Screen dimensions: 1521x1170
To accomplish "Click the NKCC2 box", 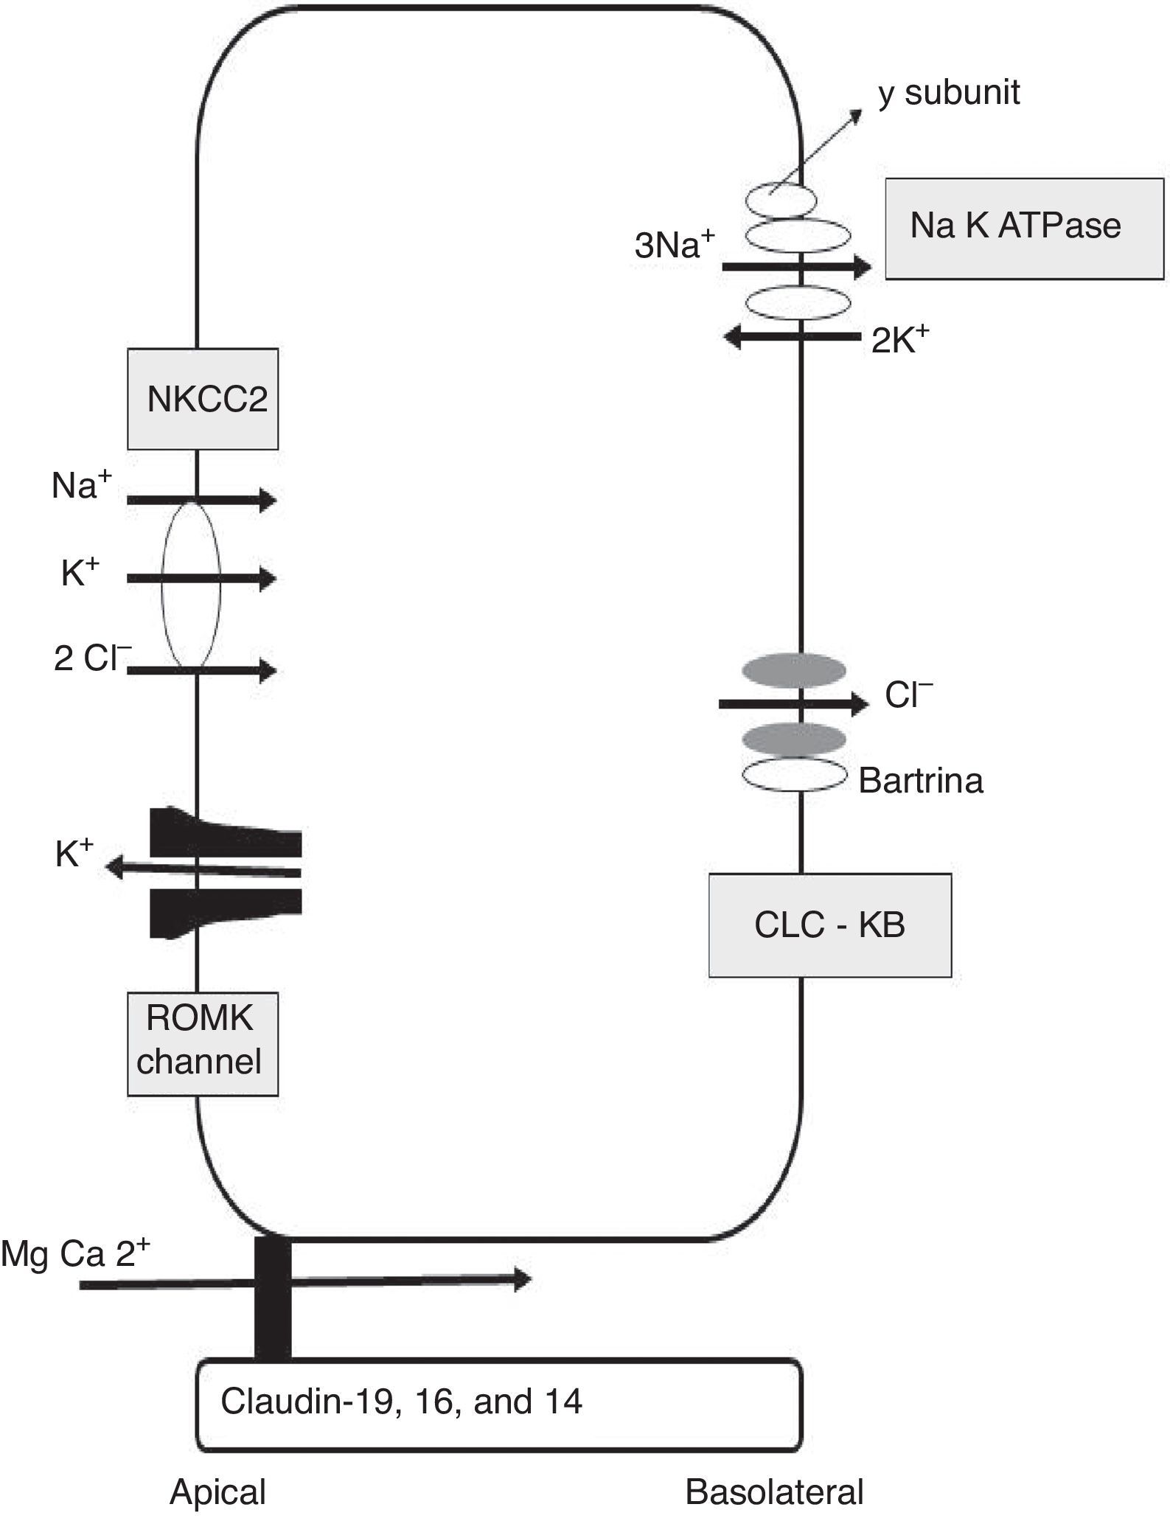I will click(203, 399).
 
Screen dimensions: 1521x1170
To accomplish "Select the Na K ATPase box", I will click(1023, 229).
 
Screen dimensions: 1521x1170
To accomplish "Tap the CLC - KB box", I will click(829, 925).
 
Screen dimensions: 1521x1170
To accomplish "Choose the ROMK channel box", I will click(202, 1043).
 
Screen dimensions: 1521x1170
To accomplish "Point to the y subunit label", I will click(949, 94).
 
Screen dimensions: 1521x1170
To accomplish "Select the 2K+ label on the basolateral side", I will click(899, 340).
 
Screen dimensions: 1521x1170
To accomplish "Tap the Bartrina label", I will click(920, 781).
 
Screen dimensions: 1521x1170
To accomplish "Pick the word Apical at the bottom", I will click(217, 1492).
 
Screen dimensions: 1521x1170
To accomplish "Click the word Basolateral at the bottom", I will click(774, 1492).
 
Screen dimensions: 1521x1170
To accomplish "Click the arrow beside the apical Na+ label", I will click(201, 501).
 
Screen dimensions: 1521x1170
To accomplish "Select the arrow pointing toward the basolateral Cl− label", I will click(793, 704).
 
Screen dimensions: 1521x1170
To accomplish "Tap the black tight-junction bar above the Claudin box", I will click(272, 1299).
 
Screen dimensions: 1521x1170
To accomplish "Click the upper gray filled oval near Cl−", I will click(793, 670).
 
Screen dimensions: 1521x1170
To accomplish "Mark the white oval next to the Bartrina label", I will click(793, 775).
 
